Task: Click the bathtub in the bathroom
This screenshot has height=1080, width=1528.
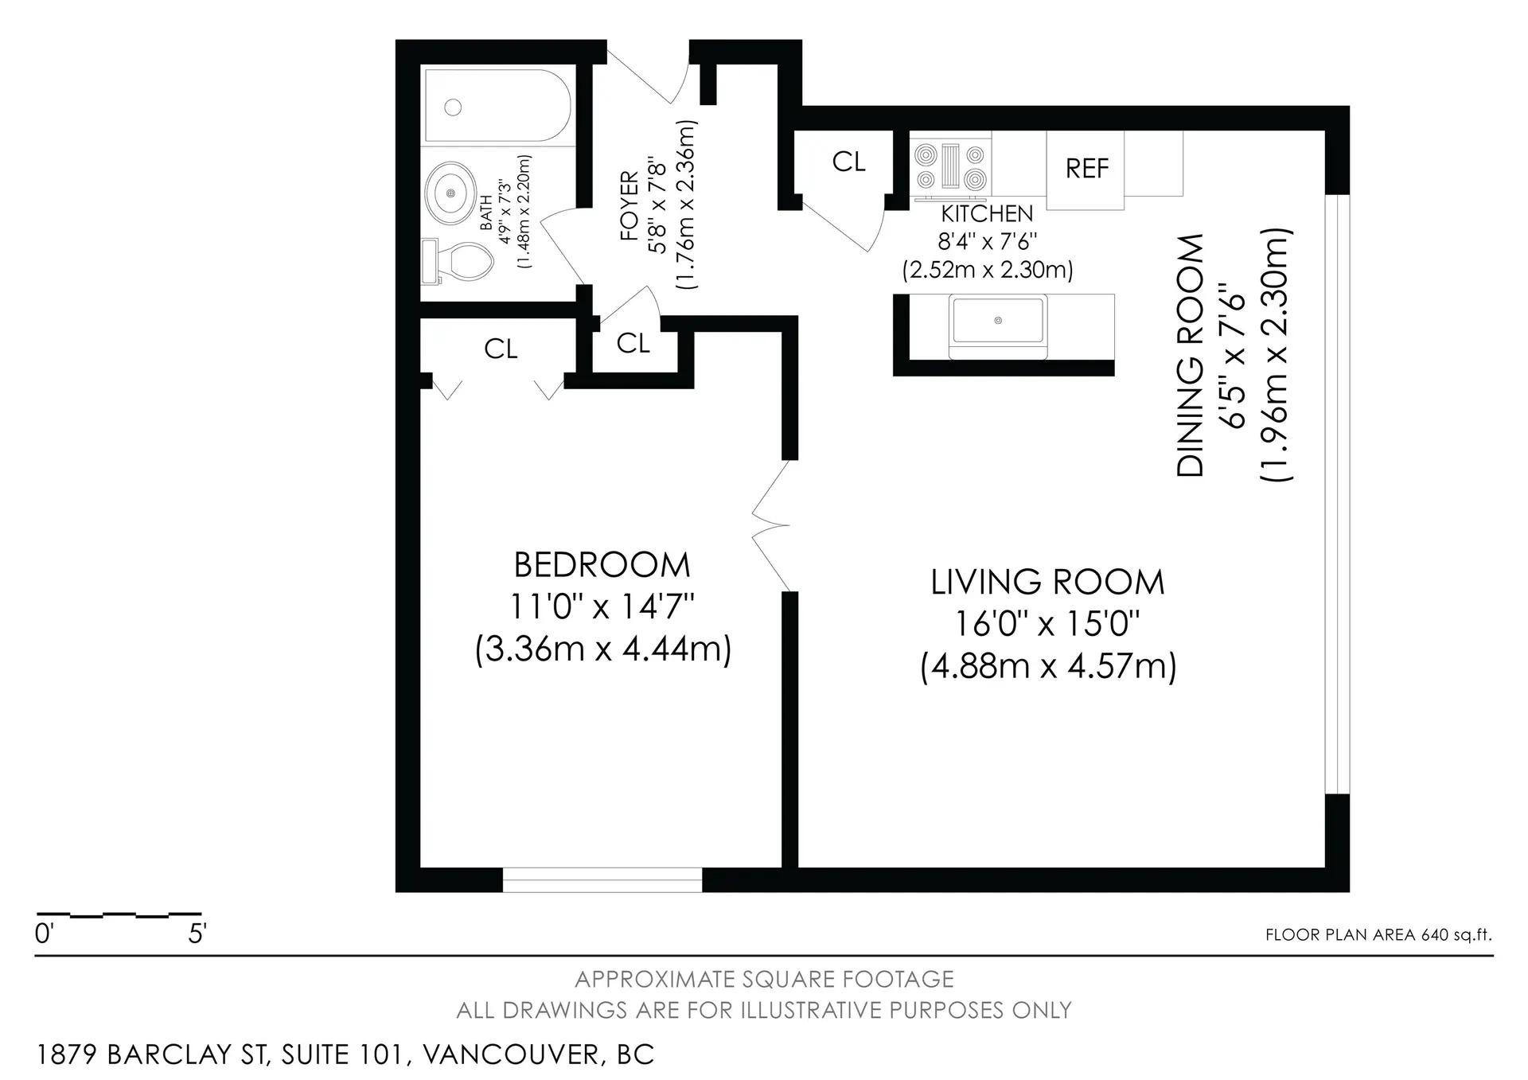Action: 497,106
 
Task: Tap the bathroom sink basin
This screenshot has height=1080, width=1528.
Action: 451,193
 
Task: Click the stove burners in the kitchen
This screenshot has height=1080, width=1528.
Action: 952,168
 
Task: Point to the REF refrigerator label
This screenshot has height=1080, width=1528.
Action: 1086,169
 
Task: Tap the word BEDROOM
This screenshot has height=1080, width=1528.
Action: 602,565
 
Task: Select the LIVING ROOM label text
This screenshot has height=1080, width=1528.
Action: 1047,583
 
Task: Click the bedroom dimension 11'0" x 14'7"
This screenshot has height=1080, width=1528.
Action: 602,607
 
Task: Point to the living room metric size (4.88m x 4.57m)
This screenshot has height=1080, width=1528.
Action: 1048,666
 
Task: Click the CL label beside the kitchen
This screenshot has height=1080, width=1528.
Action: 848,162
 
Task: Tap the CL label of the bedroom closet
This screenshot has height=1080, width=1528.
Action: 501,349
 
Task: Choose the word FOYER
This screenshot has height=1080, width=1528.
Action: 630,206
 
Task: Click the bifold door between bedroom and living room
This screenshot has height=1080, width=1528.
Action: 770,525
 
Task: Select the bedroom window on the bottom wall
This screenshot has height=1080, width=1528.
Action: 602,879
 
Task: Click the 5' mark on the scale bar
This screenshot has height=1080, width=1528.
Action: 197,934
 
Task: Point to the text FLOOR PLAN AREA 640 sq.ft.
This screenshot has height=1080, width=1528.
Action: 1378,935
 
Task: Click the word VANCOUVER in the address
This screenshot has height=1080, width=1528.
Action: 510,1055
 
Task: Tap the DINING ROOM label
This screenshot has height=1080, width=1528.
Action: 1191,356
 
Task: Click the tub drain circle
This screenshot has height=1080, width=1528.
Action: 453,107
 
